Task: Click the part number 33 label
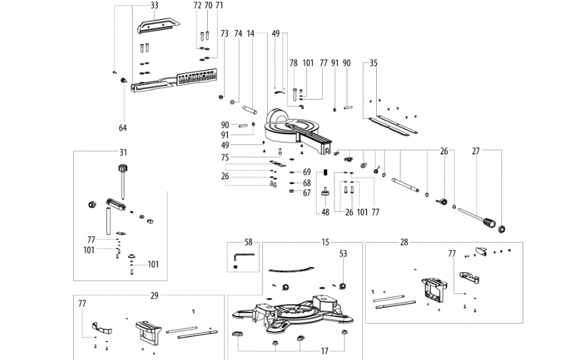[x=154, y=5]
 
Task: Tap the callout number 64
[x=123, y=128]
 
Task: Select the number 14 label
[x=251, y=34]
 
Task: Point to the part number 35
[x=373, y=63]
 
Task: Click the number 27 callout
[x=476, y=151]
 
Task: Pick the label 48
[x=325, y=212]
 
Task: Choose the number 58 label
[x=248, y=243]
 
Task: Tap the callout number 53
[x=343, y=254]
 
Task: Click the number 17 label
[x=325, y=351]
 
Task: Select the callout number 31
[x=123, y=152]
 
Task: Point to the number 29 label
[x=154, y=295]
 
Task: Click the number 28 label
[x=404, y=243]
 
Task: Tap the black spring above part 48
[x=325, y=173]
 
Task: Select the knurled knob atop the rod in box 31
[x=123, y=169]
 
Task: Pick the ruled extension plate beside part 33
[x=197, y=77]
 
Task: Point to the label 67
[x=307, y=193]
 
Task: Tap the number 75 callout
[x=224, y=158]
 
